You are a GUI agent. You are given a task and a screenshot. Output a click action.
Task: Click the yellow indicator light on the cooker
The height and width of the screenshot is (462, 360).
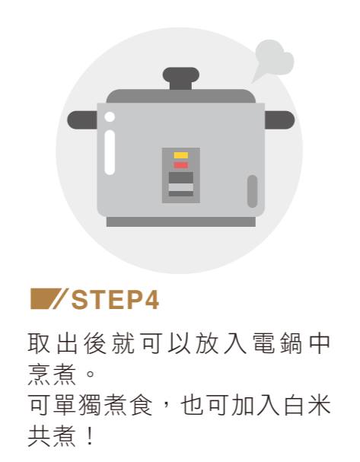pos(180,155)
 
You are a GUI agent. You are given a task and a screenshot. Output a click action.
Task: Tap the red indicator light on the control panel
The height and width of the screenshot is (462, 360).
pos(180,165)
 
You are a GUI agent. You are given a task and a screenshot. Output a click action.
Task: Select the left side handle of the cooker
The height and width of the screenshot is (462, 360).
pos(82,120)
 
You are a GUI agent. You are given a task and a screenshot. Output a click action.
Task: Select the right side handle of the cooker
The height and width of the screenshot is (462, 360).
pos(279,120)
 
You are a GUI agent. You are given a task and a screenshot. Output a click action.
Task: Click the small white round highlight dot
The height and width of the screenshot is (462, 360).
pos(110,117)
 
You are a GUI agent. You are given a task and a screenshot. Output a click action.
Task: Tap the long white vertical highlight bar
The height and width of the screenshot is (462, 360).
pos(110,152)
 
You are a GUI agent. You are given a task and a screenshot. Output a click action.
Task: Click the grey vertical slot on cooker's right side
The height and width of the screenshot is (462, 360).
pos(252,191)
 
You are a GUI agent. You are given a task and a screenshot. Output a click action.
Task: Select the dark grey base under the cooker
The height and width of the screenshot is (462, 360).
pos(181,221)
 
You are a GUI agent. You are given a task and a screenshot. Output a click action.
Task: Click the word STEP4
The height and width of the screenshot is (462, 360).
pos(115,299)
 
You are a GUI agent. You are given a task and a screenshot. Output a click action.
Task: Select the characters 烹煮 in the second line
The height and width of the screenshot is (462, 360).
pos(53,374)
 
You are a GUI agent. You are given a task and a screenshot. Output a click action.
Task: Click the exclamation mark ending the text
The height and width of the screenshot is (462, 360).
pos(90,436)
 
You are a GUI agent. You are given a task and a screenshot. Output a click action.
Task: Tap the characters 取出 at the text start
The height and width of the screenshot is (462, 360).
pos(53,343)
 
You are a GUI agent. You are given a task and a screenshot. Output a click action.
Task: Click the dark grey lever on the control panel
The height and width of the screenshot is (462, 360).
pos(181,177)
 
